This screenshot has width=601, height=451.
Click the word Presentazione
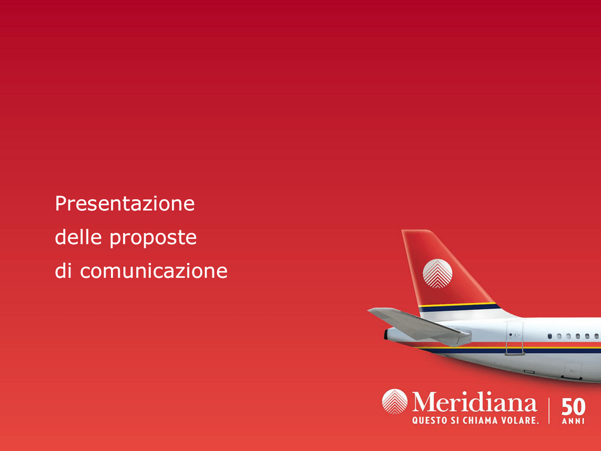tap(125, 203)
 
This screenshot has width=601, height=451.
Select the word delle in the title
tap(78, 237)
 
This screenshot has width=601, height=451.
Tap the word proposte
tap(153, 238)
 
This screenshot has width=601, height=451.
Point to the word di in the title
tap(63, 270)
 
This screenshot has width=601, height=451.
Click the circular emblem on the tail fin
tap(437, 274)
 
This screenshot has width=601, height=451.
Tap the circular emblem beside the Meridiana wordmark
tap(394, 402)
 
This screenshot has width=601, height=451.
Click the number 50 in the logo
tap(573, 406)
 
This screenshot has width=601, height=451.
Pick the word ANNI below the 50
tap(573, 421)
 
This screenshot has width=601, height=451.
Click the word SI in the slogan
tap(455, 420)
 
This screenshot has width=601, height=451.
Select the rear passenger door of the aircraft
tap(514, 338)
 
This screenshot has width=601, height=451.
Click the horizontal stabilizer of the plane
tap(420, 325)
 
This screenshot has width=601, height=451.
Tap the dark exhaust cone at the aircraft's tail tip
tap(386, 335)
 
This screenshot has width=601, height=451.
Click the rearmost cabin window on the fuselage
tap(549, 336)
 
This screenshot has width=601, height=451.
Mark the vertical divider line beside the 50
tap(549, 410)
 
